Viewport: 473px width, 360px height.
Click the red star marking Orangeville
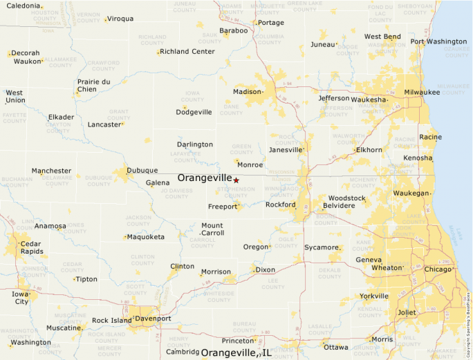click(236, 180)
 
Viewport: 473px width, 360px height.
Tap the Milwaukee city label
click(422, 92)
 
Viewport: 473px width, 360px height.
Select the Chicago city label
click(438, 269)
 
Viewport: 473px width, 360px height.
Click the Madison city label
click(247, 92)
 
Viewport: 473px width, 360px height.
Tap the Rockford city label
click(280, 205)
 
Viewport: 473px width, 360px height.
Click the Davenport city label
click(153, 319)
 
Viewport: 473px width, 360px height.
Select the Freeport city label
click(222, 207)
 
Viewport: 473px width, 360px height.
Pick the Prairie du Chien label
click(93, 85)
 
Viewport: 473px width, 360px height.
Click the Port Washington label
click(438, 41)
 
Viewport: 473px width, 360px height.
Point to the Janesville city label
click(286, 149)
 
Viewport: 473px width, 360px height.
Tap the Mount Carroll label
click(212, 229)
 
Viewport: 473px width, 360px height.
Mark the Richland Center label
click(187, 51)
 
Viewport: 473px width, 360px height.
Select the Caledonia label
click(24, 6)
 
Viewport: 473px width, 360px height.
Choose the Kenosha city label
click(417, 158)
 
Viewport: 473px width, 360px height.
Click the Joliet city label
click(407, 312)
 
